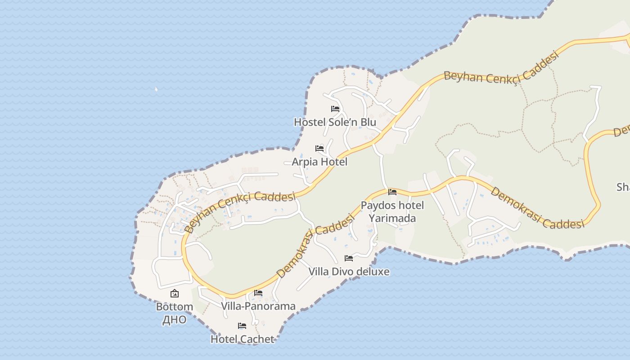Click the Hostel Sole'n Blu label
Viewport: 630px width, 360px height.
pos(335,122)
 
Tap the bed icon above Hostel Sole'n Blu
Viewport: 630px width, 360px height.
pos(335,109)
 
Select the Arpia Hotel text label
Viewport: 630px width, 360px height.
pos(319,162)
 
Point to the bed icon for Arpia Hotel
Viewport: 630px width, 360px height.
pos(319,148)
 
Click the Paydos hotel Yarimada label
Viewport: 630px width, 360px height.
pos(392,212)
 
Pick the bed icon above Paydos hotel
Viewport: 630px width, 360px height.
pos(392,192)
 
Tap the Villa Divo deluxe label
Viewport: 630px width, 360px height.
pos(349,271)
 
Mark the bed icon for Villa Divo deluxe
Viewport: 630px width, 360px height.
pos(349,258)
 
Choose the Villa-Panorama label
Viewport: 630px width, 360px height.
pos(258,306)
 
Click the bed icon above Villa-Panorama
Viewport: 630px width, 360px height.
pos(258,293)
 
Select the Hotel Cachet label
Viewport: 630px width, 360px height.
pos(242,339)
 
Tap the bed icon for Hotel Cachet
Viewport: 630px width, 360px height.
pos(242,326)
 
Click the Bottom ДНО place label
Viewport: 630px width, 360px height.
pos(175,313)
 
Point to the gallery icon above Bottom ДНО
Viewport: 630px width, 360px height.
pos(175,294)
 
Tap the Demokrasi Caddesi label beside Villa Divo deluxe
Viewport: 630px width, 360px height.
pos(315,246)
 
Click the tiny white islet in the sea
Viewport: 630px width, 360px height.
pos(156,89)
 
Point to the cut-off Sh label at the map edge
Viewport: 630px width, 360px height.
pos(623,187)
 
